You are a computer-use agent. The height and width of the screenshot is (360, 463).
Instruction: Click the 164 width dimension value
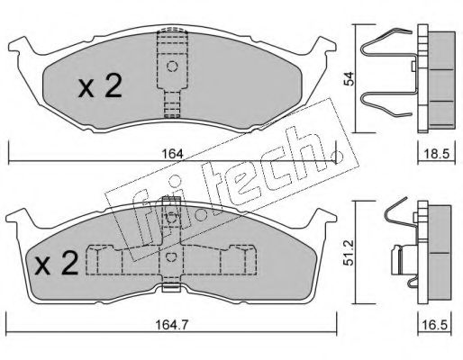pyautogui.click(x=172, y=154)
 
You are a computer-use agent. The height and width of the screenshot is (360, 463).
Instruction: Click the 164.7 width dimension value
pyautogui.click(x=172, y=325)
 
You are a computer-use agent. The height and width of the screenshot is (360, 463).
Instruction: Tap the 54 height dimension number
pyautogui.click(x=350, y=79)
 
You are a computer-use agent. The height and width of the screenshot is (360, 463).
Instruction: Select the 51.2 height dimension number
pyautogui.click(x=350, y=253)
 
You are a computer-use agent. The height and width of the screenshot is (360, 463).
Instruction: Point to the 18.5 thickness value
pyautogui.click(x=437, y=154)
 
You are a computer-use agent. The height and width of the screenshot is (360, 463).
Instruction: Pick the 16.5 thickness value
pyautogui.click(x=434, y=325)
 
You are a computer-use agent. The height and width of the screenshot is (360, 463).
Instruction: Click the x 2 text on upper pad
pyautogui.click(x=100, y=86)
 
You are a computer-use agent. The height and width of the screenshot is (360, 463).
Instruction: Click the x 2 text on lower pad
pyautogui.click(x=56, y=263)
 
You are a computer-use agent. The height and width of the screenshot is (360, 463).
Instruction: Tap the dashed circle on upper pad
pyautogui.click(x=172, y=66)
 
